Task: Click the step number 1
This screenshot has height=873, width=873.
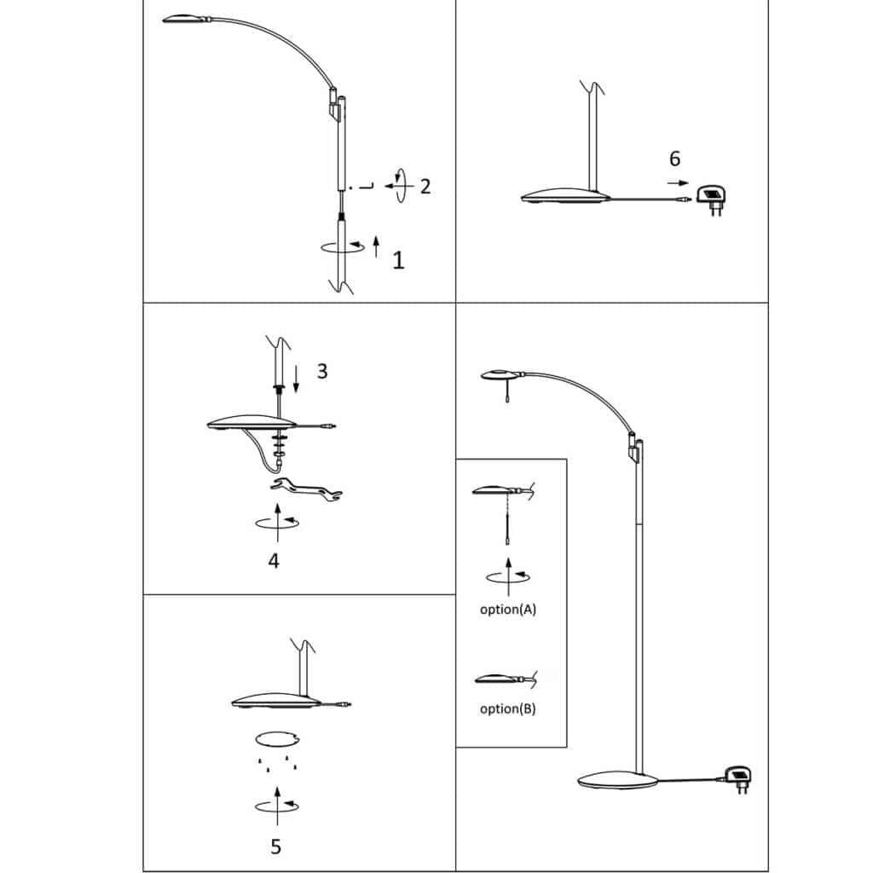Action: pos(398,260)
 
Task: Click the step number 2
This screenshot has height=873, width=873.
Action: pos(425,186)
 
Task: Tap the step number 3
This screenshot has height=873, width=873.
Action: pos(322,371)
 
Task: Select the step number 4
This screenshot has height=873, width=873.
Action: pos(274,561)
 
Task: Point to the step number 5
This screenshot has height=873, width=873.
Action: pos(275,847)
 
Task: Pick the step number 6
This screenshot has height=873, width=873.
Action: pos(675,159)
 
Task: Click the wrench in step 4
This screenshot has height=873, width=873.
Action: pos(306,489)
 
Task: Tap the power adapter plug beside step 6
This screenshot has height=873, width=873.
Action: pos(712,199)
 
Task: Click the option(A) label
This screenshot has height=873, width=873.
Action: pos(508,609)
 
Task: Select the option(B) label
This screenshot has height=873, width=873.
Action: pos(508,708)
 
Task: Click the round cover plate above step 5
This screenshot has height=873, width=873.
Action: pos(277,739)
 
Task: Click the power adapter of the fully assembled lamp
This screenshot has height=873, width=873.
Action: pos(738,778)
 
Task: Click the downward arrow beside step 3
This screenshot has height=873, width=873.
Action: pos(296,379)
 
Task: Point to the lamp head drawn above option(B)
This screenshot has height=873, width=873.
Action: pos(498,679)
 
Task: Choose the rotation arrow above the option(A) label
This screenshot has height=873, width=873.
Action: pos(508,577)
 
